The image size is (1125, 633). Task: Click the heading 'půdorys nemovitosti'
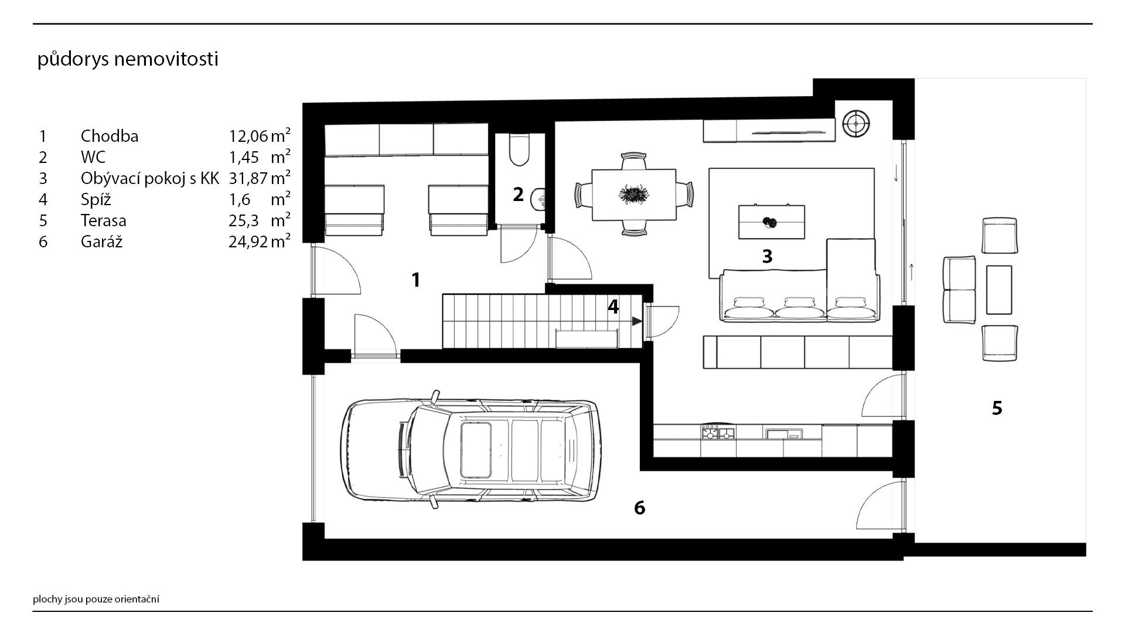coord(128,60)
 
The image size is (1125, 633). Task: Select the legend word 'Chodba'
coord(110,136)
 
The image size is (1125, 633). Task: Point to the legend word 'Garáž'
coord(102,241)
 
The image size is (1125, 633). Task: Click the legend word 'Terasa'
coord(104,220)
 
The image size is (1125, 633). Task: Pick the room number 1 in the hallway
coord(416,280)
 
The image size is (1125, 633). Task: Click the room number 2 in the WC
coord(518,194)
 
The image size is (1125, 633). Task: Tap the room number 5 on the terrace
coord(997,407)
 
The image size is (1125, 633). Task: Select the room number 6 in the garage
coord(640,508)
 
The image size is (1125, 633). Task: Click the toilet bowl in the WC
coord(520,150)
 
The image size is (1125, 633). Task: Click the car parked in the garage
coord(469,450)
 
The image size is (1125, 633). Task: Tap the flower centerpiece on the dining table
coord(633,194)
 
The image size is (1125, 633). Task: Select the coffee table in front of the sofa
coord(771,222)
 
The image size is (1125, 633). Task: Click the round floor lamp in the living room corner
coord(855,124)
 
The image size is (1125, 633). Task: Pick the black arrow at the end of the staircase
coord(636,321)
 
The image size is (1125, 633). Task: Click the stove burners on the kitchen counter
coord(719,433)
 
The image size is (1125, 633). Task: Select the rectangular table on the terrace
coord(999,290)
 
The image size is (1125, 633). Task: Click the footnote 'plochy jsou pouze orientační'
coord(96,599)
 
